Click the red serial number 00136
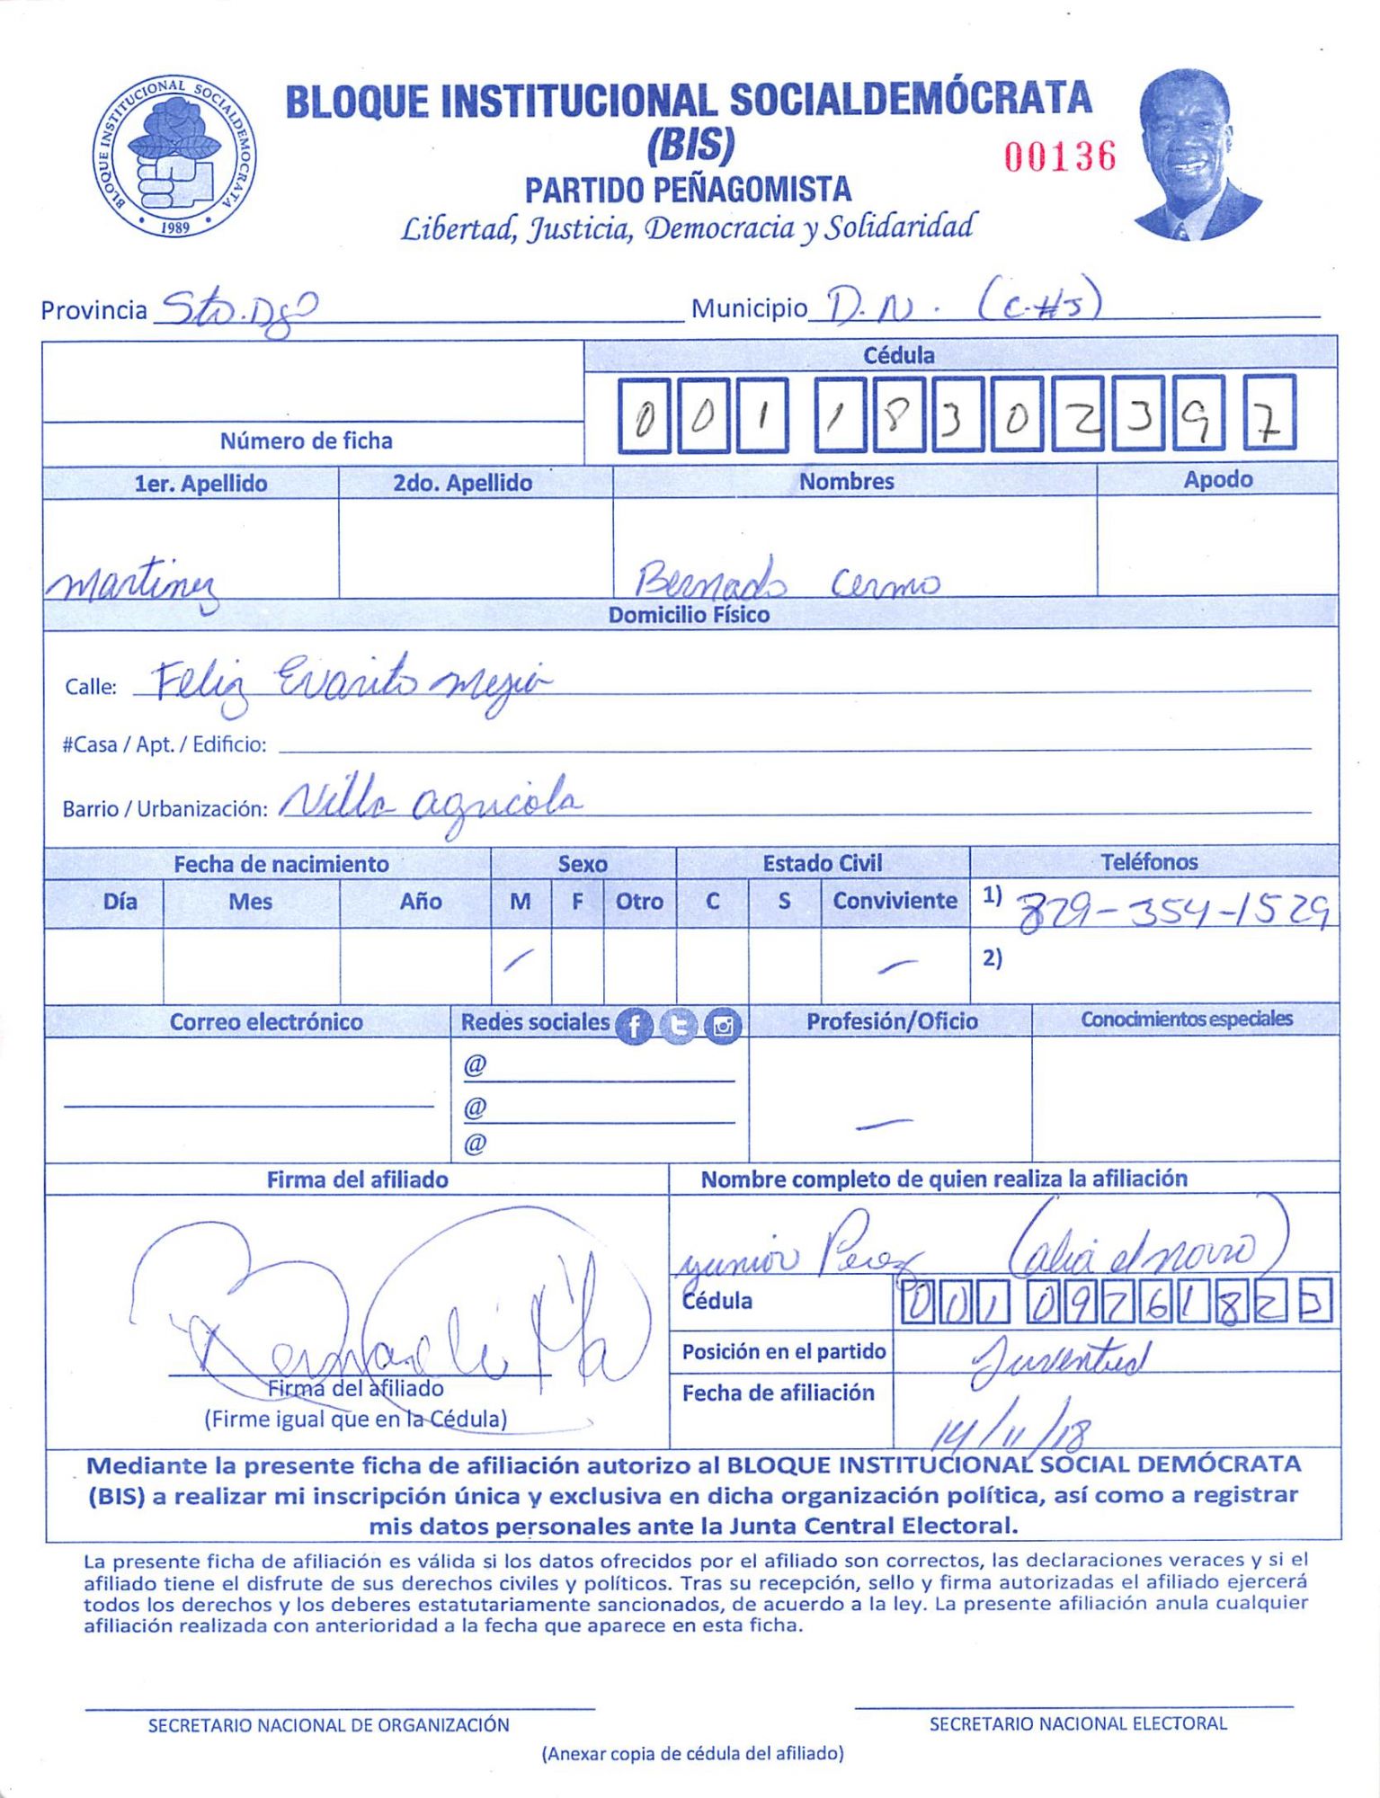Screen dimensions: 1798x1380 (x=1060, y=156)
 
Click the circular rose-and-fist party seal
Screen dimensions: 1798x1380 (x=174, y=156)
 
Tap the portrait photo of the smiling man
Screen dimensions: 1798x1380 (x=1195, y=155)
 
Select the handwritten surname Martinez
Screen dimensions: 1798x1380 (x=133, y=585)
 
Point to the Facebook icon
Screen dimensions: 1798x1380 (x=634, y=1026)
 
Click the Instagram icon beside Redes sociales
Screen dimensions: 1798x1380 (x=723, y=1026)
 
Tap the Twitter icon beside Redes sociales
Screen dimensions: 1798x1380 (x=679, y=1026)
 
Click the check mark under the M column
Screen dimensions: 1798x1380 (x=519, y=961)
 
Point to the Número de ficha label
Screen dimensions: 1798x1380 (x=306, y=441)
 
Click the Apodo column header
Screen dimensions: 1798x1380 (x=1217, y=479)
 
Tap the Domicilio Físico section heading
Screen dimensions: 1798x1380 (x=689, y=615)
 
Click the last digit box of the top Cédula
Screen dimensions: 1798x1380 (x=1269, y=414)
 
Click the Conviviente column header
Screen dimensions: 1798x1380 (x=895, y=901)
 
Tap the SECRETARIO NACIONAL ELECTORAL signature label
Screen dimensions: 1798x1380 (x=1077, y=1723)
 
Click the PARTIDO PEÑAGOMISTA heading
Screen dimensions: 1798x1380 (x=688, y=190)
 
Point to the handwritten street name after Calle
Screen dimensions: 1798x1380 (x=351, y=683)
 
